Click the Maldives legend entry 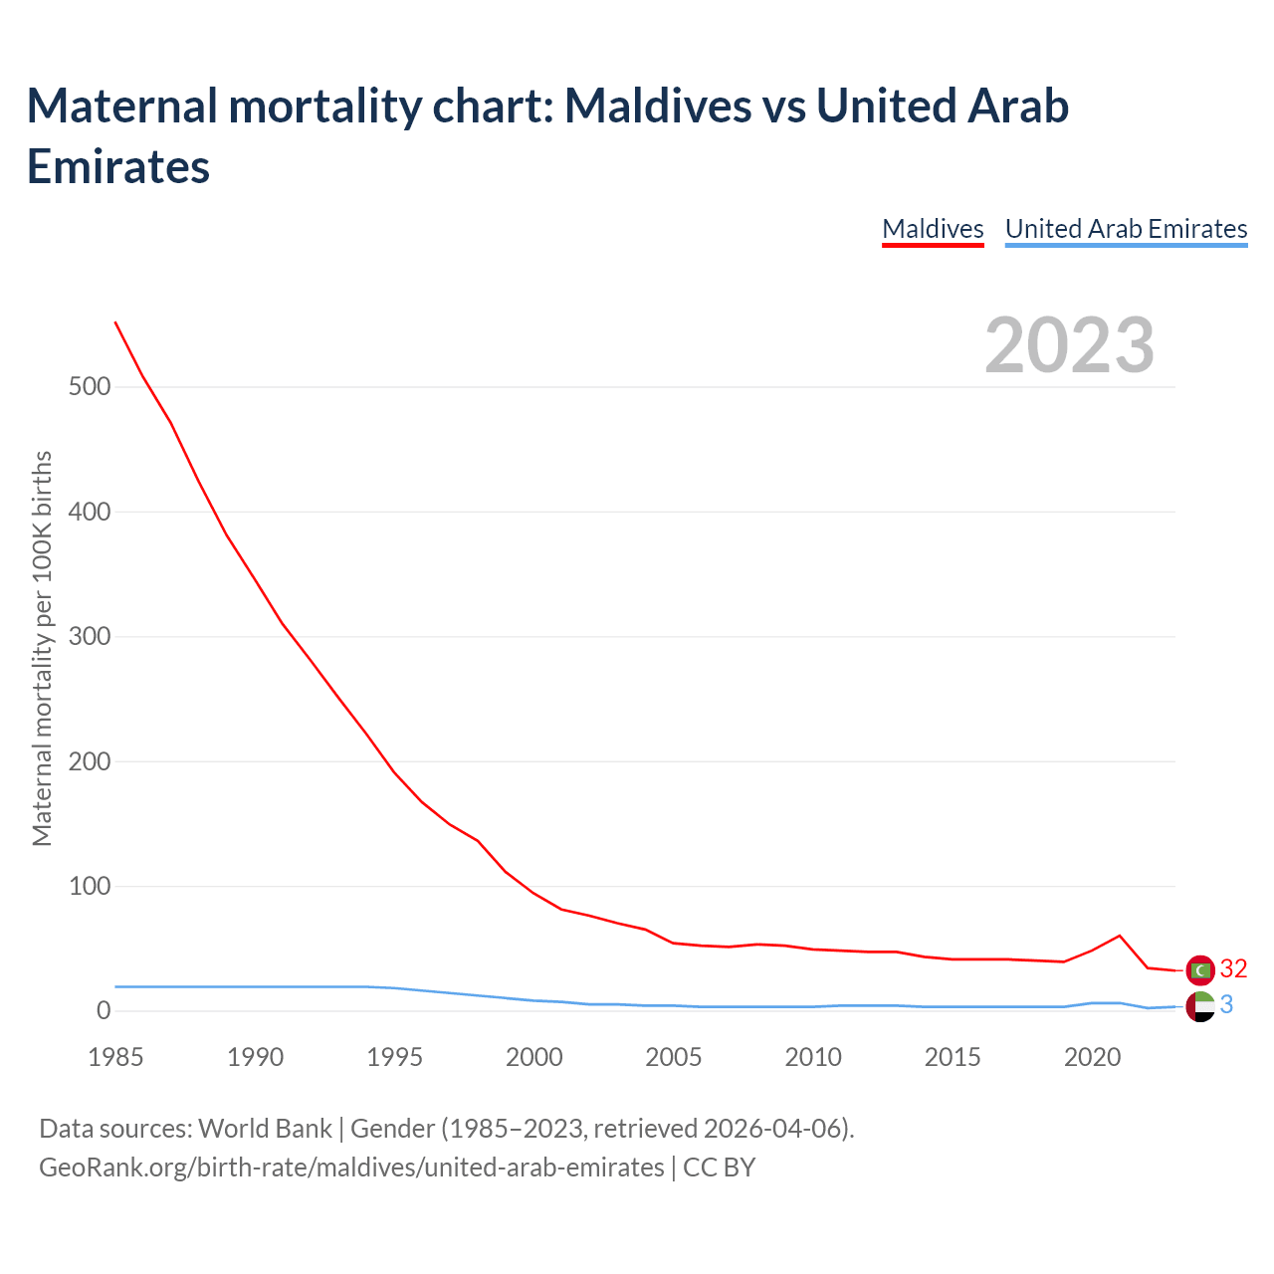(933, 229)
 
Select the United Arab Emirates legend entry (1126, 229)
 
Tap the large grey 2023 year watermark (1069, 345)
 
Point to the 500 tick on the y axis (90, 386)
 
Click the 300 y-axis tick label (90, 636)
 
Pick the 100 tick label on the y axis (90, 886)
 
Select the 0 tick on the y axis (104, 1011)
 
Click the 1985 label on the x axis (115, 1057)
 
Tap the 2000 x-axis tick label (534, 1057)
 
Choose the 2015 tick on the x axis (953, 1057)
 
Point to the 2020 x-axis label (1093, 1057)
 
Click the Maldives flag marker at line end (1201, 969)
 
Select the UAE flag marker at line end (1201, 1006)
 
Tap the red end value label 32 (1233, 968)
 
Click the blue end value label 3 (1226, 1005)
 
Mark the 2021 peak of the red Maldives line (1120, 936)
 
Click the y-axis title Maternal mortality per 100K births (42, 648)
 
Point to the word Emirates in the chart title (118, 166)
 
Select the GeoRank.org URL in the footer (351, 1167)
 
